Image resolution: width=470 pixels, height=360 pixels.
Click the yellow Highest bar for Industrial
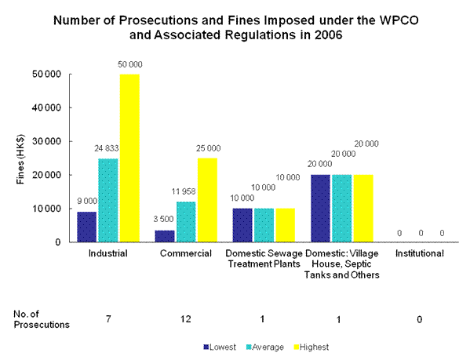(130, 158)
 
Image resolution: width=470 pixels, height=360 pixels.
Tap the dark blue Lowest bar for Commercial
(164, 236)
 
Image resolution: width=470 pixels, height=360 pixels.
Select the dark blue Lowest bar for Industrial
(86, 227)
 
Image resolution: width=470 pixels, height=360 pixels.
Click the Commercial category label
(186, 254)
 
